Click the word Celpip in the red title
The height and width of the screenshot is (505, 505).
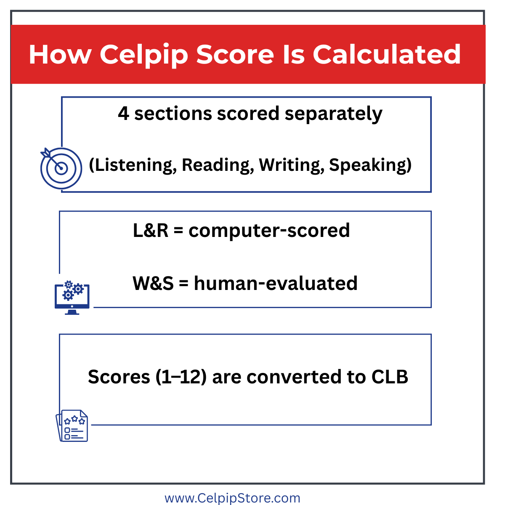coord(144,55)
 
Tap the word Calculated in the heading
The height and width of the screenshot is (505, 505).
coord(387,54)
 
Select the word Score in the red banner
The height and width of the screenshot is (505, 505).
coord(235,55)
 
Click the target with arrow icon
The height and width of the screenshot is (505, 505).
coord(61,168)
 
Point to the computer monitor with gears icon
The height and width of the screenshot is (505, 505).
coord(72,298)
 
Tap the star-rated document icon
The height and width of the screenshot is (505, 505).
coord(72,425)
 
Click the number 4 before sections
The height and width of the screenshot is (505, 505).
coord(123,114)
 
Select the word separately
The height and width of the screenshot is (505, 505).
coord(334,114)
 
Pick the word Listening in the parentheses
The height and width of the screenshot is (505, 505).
coord(133,165)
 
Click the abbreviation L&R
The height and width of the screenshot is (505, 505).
coord(151,230)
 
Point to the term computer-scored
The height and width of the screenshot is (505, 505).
coord(269,231)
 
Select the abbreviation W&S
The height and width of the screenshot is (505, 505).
coord(153,283)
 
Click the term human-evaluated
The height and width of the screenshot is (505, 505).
coord(276,283)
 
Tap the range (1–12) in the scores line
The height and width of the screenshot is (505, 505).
coord(181,377)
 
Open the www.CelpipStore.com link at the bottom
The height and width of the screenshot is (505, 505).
coord(232,498)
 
